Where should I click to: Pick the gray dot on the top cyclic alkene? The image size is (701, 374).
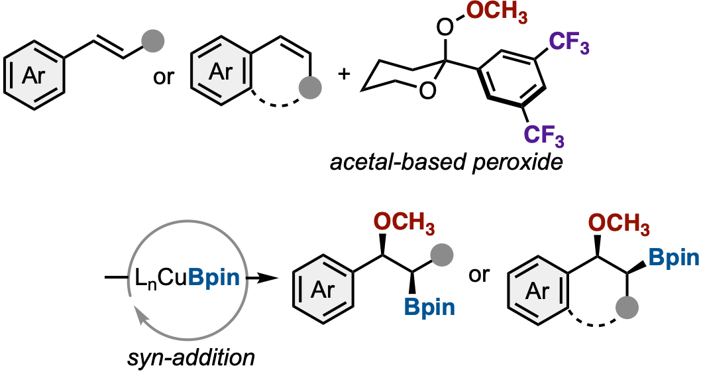coord(312,86)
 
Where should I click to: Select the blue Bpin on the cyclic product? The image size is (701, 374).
coord(673,257)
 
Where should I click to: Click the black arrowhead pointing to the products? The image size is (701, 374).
coord(267,278)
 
